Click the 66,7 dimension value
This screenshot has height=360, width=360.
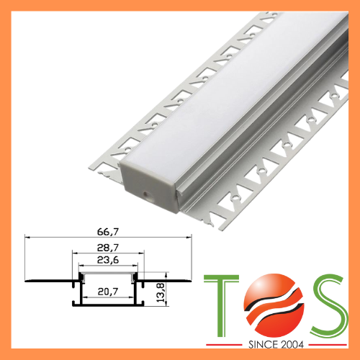(109, 231)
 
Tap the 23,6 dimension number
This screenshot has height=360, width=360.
(109, 261)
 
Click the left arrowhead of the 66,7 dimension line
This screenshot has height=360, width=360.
(27, 237)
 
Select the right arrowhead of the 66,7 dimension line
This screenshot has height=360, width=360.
(190, 237)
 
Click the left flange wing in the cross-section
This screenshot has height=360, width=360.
(47, 277)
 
